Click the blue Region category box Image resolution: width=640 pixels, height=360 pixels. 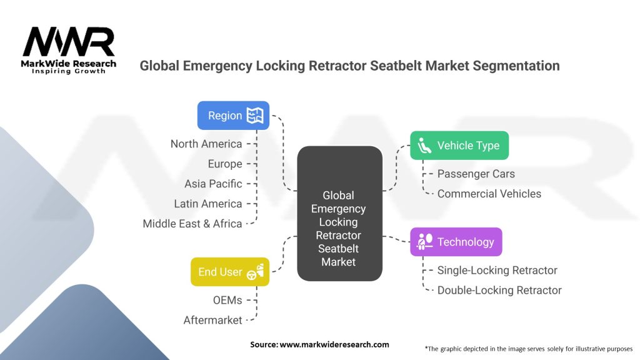pyautogui.click(x=233, y=116)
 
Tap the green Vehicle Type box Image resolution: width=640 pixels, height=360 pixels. pyautogui.click(x=459, y=146)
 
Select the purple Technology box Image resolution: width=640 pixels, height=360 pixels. pyautogui.click(x=456, y=242)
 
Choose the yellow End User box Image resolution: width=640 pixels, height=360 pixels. pyautogui.click(x=229, y=272)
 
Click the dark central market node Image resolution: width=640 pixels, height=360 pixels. pyautogui.click(x=339, y=213)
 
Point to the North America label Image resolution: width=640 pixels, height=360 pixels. pyautogui.click(x=206, y=144)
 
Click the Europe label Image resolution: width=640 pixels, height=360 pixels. pyautogui.click(x=225, y=164)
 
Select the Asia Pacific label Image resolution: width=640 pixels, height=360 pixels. pyautogui.click(x=213, y=184)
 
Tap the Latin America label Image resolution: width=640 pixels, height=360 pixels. pyautogui.click(x=208, y=204)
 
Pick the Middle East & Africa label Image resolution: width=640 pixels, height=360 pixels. pyautogui.click(x=192, y=224)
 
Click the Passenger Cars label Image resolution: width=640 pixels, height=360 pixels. pyautogui.click(x=476, y=174)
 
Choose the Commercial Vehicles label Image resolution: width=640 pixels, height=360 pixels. pyautogui.click(x=489, y=194)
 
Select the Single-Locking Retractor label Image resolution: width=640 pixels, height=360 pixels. pyautogui.click(x=497, y=270)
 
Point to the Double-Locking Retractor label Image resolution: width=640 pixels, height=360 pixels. pyautogui.click(x=499, y=290)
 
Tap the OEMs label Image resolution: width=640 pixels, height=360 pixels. pyautogui.click(x=227, y=300)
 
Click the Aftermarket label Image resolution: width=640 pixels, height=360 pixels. pyautogui.click(x=212, y=320)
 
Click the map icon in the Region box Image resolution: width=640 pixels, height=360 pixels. pyautogui.click(x=255, y=116)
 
